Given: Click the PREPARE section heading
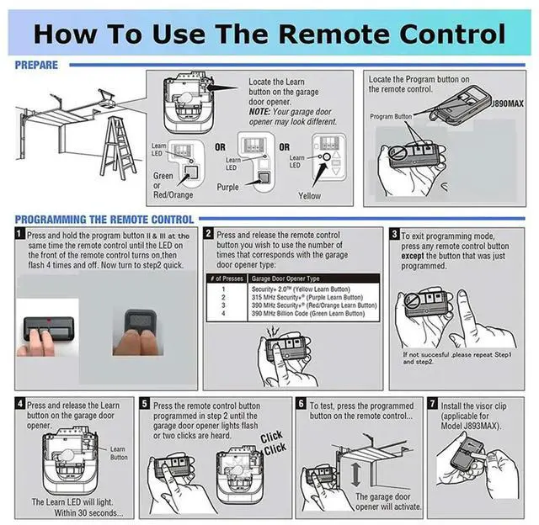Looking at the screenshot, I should tap(36, 65).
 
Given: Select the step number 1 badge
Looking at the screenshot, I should tap(19, 236).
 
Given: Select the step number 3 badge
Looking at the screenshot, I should tap(393, 236).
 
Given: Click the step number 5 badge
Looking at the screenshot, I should tap(145, 405).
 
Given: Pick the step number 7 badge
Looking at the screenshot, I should tap(433, 405).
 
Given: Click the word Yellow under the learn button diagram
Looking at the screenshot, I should tap(309, 195).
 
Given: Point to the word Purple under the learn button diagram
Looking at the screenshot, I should tap(228, 188).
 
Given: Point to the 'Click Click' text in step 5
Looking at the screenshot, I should tap(271, 443).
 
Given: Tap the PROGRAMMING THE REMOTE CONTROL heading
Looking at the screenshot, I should tap(104, 220).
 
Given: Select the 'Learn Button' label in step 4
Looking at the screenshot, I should tap(119, 453).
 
